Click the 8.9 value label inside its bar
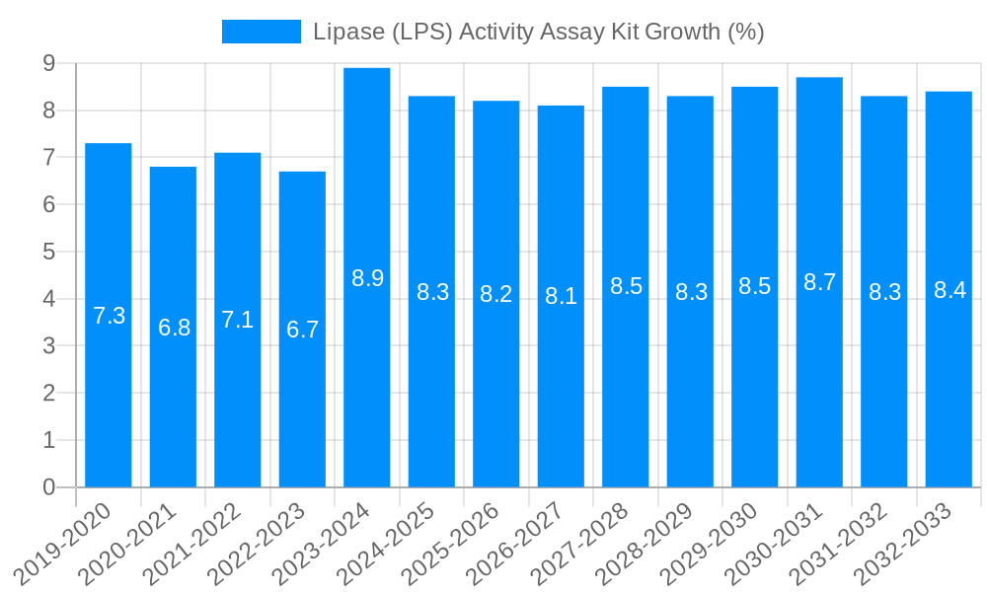click(367, 278)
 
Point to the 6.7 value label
click(302, 330)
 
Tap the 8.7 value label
click(819, 282)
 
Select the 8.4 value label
click(949, 290)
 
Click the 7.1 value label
click(238, 320)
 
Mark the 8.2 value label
click(495, 294)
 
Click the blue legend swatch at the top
click(262, 32)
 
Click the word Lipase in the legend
click(347, 32)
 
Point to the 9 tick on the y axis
click(48, 63)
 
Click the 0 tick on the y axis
click(48, 487)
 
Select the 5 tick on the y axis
click(48, 252)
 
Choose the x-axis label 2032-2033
click(903, 542)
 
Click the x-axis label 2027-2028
click(580, 542)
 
